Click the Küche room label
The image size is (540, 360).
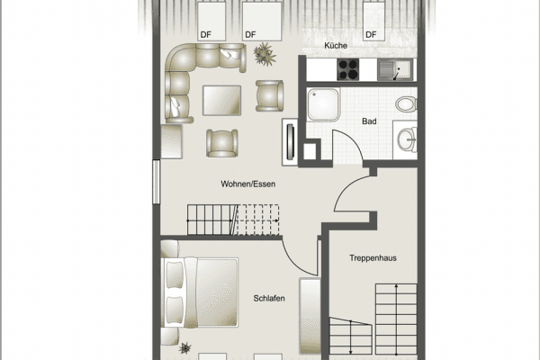coord(336,46)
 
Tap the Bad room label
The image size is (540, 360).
coord(369,121)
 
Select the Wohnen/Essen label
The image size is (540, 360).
coord(248,184)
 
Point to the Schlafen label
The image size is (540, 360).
coord(269,298)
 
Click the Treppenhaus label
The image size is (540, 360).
coord(373,258)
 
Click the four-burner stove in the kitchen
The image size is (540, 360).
coord(347,69)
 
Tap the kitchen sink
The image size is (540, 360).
coord(395,69)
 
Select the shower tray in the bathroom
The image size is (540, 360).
coord(323,104)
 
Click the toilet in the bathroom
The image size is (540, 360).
coord(407,103)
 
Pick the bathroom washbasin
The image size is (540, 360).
coord(407,139)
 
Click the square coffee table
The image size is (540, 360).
coord(221,100)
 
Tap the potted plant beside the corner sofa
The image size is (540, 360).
coord(264,53)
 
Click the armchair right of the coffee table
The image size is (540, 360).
coord(269,95)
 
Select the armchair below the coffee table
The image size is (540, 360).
coord(222,143)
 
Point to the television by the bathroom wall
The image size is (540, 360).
coord(291,141)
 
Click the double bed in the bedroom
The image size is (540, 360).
coord(200,292)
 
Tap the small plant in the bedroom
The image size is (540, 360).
coord(185,348)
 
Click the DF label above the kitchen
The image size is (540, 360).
coord(371,35)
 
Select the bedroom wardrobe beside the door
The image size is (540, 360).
coord(310,316)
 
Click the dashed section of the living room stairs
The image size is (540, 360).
coord(258,220)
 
